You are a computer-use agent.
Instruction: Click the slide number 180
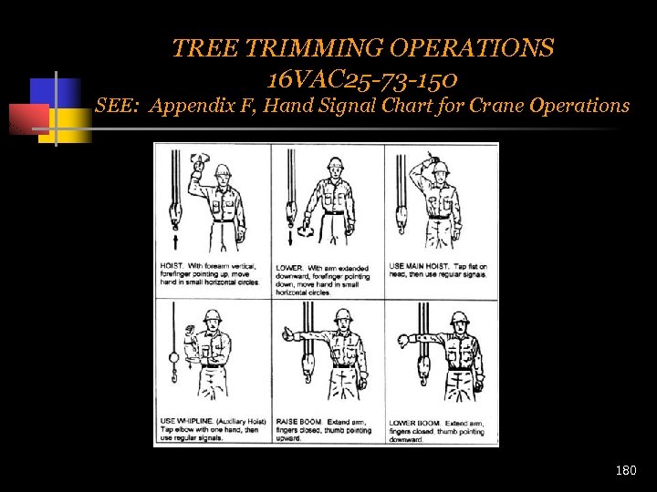626,471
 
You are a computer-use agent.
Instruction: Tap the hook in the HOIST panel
172,219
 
